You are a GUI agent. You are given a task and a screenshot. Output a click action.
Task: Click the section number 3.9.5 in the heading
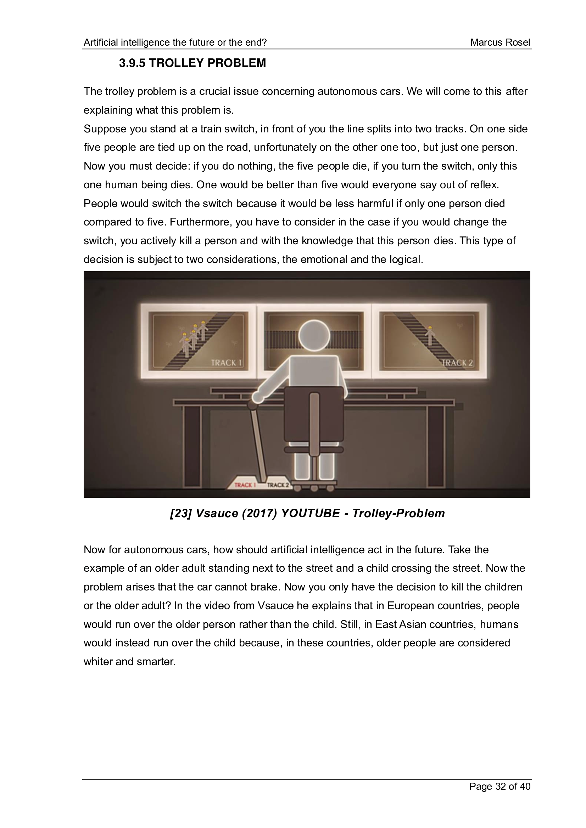tap(132, 63)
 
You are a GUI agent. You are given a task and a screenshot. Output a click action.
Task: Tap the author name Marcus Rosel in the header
tap(500, 42)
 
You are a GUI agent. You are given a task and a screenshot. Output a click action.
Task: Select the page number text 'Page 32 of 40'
tap(500, 786)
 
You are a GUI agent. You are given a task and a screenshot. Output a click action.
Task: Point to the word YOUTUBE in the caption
tap(310, 513)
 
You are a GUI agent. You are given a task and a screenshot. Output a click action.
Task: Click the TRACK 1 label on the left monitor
tap(226, 363)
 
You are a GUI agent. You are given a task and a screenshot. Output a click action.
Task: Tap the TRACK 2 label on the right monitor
tap(457, 363)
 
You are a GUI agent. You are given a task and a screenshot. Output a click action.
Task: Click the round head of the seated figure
tap(314, 335)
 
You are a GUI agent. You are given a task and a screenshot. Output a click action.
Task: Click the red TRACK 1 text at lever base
tap(245, 485)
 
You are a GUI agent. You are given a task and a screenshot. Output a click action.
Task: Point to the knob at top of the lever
tap(253, 406)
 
